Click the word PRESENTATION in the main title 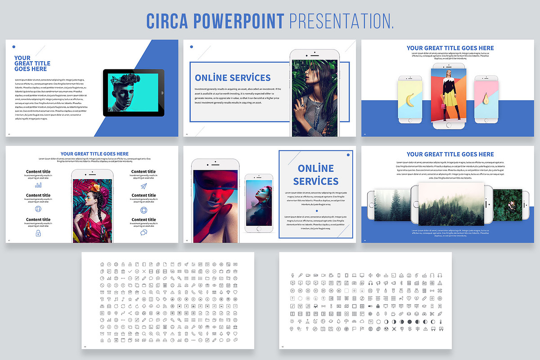click(342, 21)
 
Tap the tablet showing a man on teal click(134, 93)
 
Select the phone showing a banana click(410, 99)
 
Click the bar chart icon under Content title click(38, 184)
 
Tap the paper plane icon click(144, 186)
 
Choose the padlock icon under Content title click(38, 233)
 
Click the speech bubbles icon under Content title click(144, 233)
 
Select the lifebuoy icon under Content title click(144, 210)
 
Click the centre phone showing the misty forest click(452, 205)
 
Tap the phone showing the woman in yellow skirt click(449, 96)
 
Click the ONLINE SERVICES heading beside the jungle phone click(233, 77)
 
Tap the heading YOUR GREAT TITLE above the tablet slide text click(32, 63)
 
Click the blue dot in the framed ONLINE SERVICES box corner click(348, 155)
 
